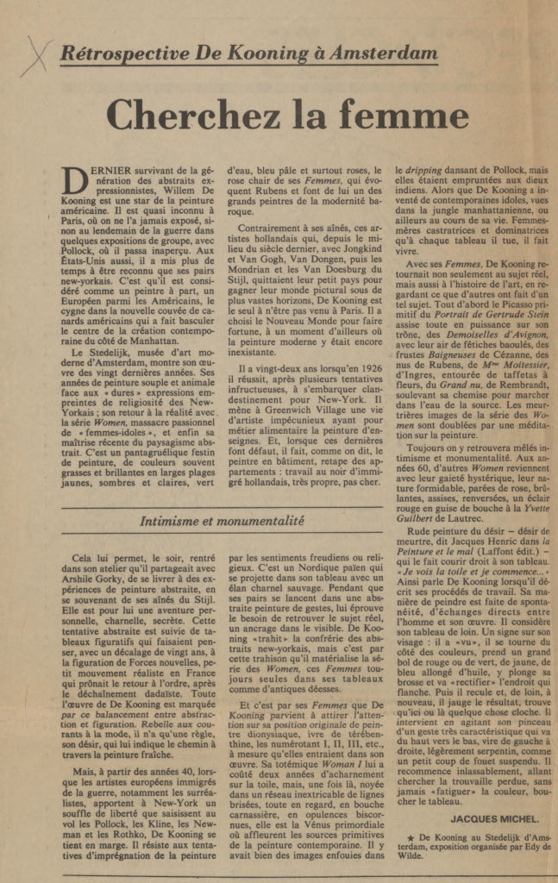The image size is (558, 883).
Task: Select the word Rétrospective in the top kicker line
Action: point(116,53)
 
